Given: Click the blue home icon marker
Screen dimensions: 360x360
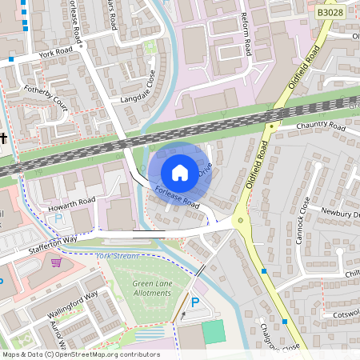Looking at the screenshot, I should [180, 172].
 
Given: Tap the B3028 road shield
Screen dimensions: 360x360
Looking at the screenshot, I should [331, 14].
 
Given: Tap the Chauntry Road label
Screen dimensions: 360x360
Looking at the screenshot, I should [318, 127].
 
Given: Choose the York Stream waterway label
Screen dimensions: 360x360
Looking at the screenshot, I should [117, 256].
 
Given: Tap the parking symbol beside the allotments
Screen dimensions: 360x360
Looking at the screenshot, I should [196, 302].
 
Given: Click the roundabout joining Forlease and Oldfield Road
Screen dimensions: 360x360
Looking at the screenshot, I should [239, 221].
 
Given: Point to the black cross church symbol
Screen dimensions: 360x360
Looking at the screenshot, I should [3, 139].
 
